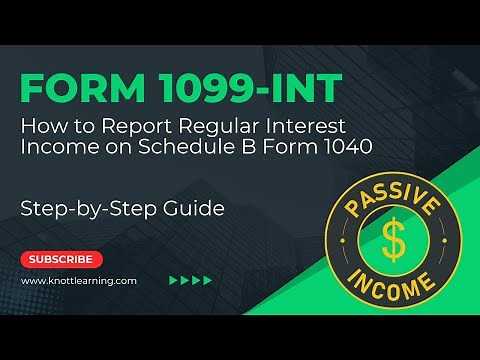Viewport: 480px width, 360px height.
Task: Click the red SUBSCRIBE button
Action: coord(62,259)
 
